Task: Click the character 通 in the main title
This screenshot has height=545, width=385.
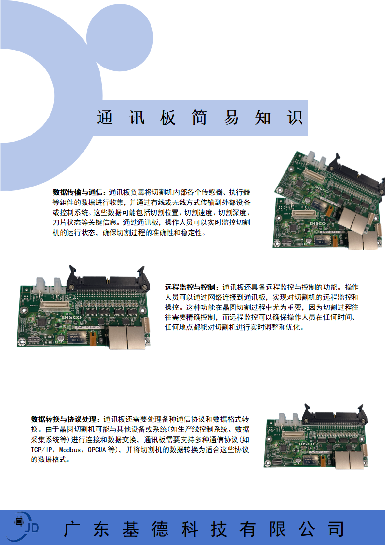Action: click(105, 118)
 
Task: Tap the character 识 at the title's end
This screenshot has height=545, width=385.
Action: click(295, 118)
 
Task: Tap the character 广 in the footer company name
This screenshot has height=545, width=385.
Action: click(72, 529)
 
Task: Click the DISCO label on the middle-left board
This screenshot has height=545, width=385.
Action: click(71, 317)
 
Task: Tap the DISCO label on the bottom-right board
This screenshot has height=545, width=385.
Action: click(306, 444)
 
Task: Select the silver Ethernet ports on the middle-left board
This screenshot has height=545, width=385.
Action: click(127, 337)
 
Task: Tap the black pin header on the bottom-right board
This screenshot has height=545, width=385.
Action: click(334, 415)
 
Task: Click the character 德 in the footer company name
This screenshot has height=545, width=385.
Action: click(160, 529)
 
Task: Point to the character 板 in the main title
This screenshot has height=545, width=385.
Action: click(168, 118)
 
